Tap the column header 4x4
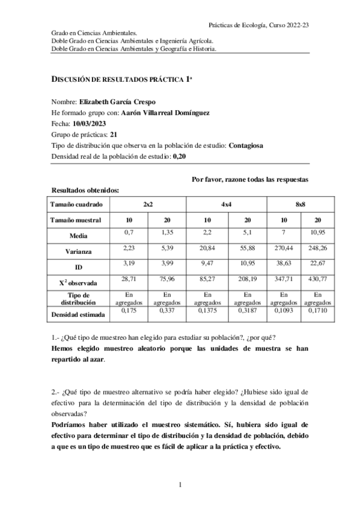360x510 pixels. (x=227, y=204)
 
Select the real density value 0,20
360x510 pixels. (x=179, y=156)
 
